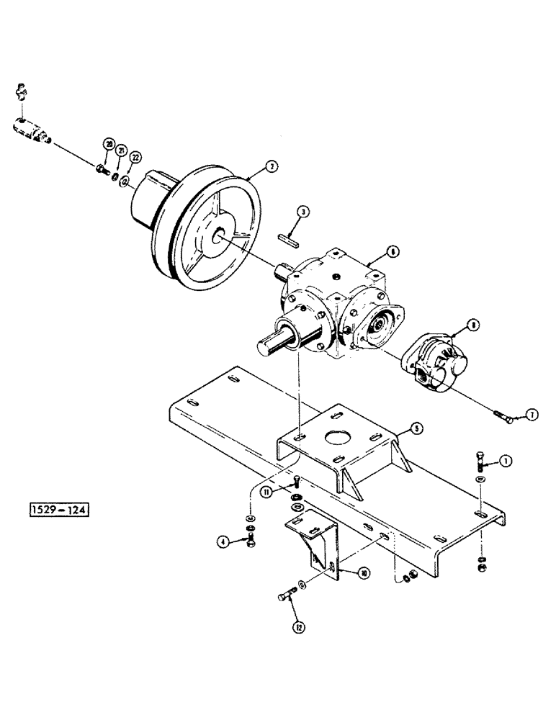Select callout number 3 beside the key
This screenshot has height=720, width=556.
tap(305, 212)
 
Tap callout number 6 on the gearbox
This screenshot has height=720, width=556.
tap(393, 253)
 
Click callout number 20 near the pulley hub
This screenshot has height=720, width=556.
tap(109, 144)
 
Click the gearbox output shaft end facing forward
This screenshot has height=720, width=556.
tap(266, 345)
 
